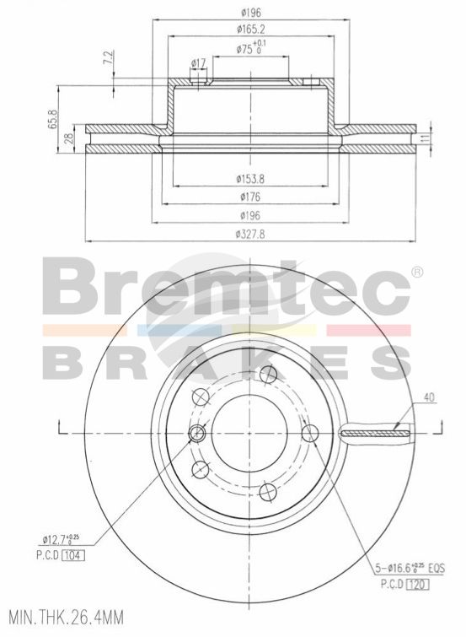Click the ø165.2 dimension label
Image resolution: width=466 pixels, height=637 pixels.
click(251, 30)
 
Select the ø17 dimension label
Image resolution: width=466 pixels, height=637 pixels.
click(199, 63)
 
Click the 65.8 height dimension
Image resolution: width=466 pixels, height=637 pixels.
click(53, 120)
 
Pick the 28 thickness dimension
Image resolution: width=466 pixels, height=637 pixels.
click(69, 139)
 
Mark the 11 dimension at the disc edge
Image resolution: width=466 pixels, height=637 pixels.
click(425, 138)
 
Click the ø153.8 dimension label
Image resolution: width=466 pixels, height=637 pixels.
click(250, 179)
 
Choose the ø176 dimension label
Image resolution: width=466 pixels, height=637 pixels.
click(250, 197)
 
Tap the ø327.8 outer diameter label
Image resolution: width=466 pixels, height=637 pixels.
click(250, 234)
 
